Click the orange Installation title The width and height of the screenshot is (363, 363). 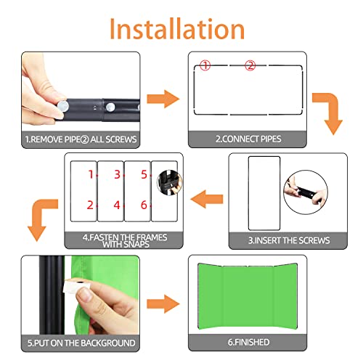(177, 29)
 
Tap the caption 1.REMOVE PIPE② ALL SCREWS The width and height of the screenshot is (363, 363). (81, 139)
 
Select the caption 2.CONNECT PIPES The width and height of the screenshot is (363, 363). (248, 139)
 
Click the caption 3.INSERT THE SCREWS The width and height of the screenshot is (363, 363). (289, 240)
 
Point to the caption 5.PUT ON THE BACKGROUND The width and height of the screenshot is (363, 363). (81, 343)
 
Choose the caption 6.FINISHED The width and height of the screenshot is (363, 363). (248, 342)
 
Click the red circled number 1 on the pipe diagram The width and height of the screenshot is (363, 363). (205, 65)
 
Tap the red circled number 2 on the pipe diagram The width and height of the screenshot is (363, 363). (250, 65)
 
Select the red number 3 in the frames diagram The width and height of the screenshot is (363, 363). (118, 174)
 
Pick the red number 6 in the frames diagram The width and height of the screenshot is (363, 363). (144, 205)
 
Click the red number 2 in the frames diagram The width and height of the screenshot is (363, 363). (90, 205)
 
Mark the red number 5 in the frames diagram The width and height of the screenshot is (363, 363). (144, 174)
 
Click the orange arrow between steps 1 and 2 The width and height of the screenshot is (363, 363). (163, 99)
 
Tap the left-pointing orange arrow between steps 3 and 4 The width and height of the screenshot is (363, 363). (207, 199)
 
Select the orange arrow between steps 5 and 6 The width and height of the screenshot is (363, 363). (163, 304)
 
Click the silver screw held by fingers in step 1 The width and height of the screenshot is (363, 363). (63, 106)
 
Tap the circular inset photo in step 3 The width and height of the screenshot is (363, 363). (306, 192)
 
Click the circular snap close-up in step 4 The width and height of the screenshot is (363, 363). (170, 183)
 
